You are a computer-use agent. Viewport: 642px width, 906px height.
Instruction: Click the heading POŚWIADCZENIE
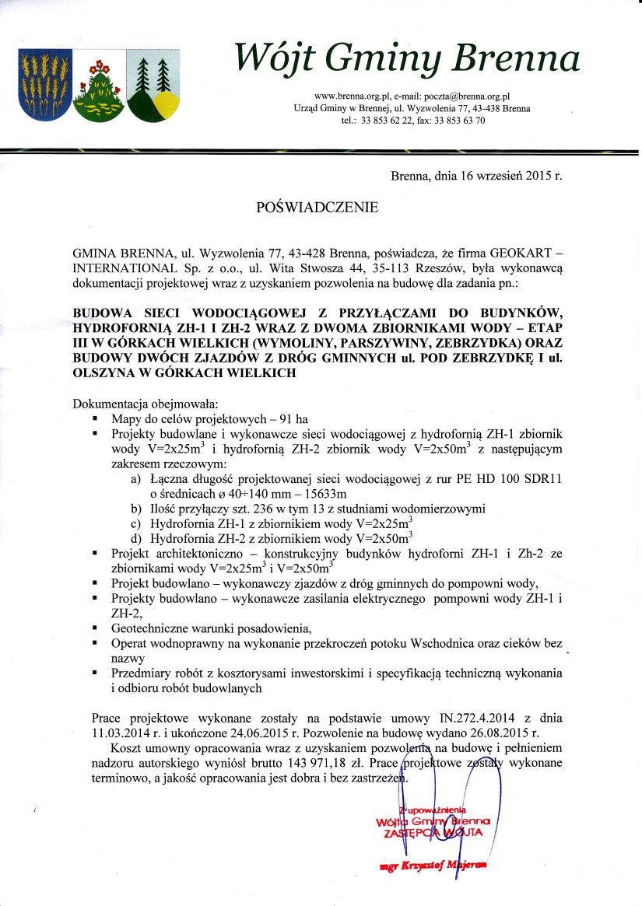317,208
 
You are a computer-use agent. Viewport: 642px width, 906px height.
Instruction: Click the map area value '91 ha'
247,418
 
